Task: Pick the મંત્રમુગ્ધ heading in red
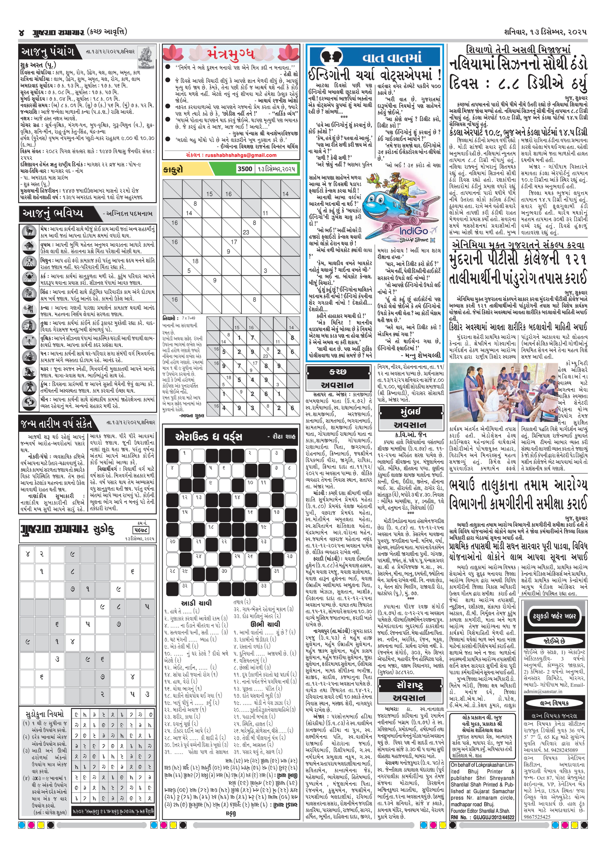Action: [231, 55]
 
